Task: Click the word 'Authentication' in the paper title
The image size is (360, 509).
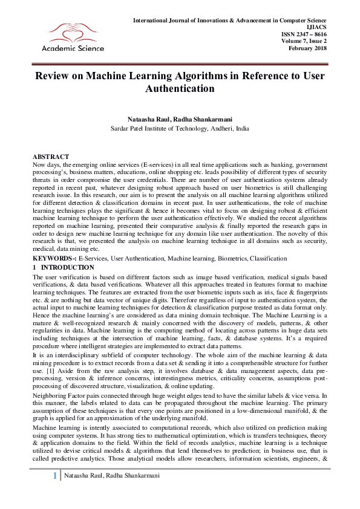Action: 180,89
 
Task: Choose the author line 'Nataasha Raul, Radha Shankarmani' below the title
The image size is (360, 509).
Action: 180,120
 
